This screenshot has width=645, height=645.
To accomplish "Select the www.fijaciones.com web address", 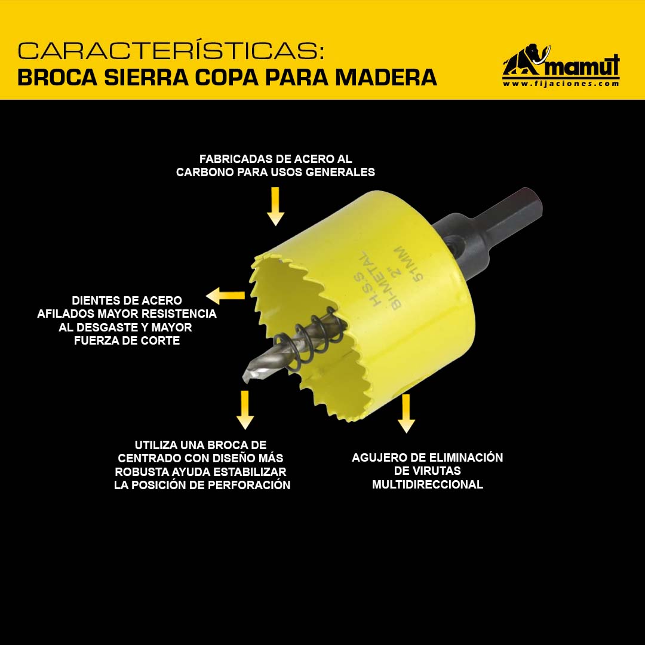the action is point(561,84).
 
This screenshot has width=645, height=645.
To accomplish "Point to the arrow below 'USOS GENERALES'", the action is point(275,206).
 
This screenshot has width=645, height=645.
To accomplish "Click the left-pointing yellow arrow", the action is point(225,296).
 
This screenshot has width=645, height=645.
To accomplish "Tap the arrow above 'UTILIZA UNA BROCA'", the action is point(245,410).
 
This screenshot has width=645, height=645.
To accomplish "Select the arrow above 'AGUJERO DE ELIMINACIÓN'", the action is point(407,413).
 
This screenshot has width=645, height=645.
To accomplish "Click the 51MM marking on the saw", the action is point(408,264).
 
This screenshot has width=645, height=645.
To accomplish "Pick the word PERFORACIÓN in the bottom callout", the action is point(249,485).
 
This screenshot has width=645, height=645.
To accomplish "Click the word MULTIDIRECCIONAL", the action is point(428,484).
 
